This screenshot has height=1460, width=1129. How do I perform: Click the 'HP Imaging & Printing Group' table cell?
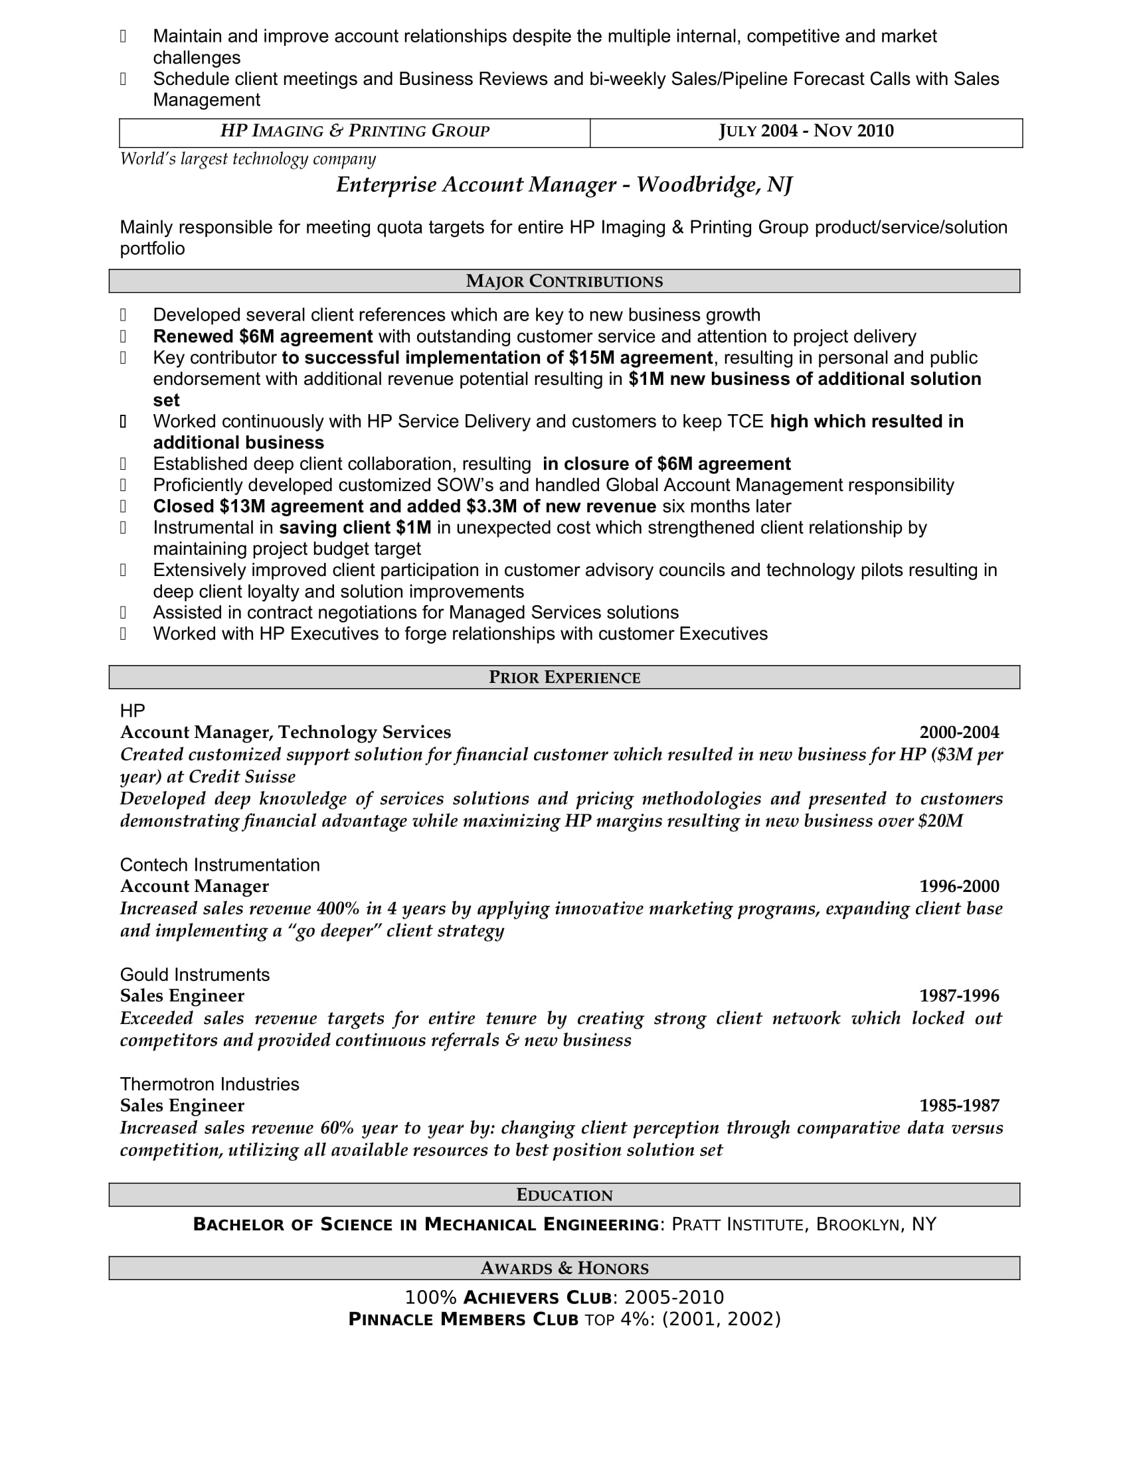355,131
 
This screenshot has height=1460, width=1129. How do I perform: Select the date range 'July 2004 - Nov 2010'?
806,131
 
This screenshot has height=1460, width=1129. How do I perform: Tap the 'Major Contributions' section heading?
564,281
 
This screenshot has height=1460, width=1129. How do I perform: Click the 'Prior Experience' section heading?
564,677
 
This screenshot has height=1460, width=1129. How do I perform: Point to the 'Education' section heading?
564,1195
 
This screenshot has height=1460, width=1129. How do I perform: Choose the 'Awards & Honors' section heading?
564,1268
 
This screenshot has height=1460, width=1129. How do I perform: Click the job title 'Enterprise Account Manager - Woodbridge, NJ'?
564,184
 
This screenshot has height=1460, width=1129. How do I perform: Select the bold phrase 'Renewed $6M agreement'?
262,336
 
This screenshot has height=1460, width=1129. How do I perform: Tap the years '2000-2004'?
958,733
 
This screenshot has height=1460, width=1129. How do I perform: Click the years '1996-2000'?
958,887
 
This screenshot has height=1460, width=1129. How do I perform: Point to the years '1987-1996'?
958,996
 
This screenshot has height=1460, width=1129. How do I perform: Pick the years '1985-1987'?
958,1106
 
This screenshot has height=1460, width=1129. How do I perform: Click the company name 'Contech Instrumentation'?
219,865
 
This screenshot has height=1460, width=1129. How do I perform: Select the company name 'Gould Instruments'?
195,975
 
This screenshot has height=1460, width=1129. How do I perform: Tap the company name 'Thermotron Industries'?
209,1084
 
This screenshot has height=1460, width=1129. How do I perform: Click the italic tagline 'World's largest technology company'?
248,159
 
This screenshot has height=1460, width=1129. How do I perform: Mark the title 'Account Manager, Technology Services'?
286,733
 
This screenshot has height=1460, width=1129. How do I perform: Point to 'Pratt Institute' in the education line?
737,1224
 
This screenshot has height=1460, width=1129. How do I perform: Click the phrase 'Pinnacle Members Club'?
463,1319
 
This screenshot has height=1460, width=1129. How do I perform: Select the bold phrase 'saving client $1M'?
355,528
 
